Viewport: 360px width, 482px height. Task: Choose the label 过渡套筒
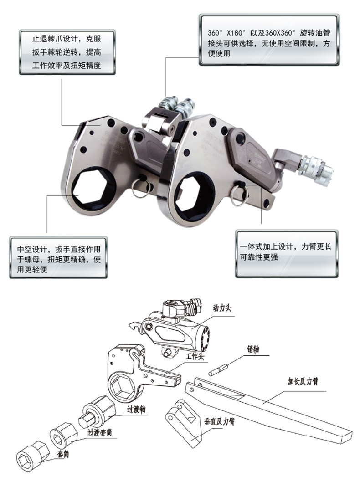click(x=103, y=430)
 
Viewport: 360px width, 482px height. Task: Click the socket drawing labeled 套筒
click(x=31, y=457)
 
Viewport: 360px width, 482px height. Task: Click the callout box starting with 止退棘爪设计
click(x=67, y=51)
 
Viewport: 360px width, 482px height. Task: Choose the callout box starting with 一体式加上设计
click(x=286, y=252)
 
